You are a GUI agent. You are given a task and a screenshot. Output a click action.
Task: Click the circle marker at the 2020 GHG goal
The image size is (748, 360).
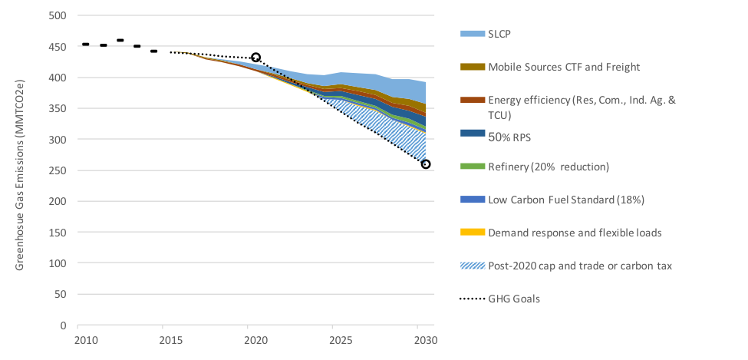(256, 58)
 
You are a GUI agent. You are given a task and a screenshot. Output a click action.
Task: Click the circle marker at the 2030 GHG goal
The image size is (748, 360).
(426, 164)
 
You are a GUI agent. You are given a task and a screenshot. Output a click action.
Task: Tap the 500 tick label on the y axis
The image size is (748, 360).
(58, 16)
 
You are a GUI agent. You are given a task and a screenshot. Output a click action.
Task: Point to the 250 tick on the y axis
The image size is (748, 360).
(58, 170)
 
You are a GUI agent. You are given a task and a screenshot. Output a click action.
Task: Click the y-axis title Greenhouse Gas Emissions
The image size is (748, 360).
(21, 170)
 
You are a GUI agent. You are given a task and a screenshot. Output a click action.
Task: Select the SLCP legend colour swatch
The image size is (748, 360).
(472, 34)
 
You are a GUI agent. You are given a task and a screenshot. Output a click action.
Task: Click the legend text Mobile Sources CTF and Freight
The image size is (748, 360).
(564, 67)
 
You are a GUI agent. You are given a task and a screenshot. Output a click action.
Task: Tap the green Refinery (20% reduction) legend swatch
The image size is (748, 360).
(472, 167)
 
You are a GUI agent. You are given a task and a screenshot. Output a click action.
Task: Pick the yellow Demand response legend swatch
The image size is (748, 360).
(472, 233)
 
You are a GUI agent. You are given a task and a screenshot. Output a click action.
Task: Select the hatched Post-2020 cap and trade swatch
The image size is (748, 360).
(472, 266)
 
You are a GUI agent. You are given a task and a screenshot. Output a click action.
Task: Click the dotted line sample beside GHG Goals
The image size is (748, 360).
(472, 299)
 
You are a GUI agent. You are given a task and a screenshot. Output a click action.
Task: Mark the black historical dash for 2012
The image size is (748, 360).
(120, 40)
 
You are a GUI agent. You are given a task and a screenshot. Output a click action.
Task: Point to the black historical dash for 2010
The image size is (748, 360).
(86, 45)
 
